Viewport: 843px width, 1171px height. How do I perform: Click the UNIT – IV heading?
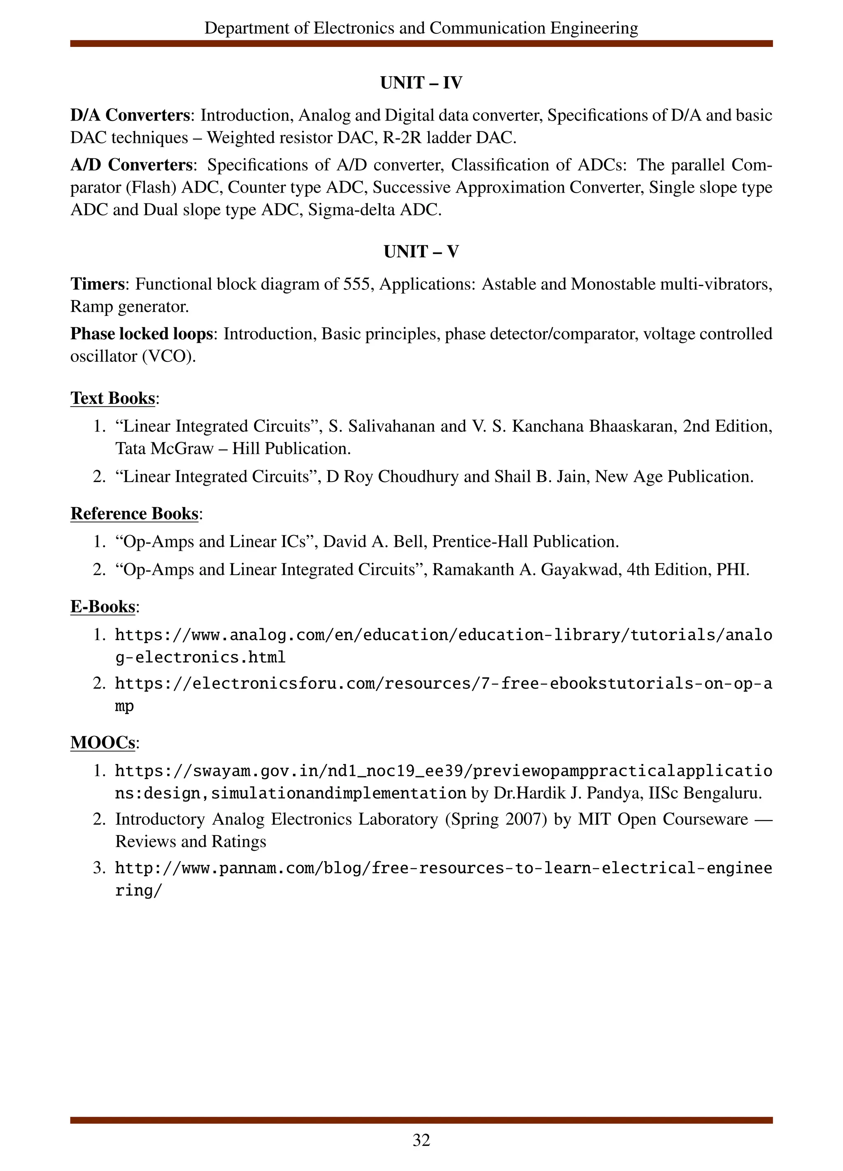point(421,83)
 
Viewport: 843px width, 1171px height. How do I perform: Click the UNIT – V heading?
point(421,252)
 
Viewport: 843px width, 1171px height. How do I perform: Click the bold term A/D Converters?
point(132,165)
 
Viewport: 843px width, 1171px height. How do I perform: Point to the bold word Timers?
point(98,284)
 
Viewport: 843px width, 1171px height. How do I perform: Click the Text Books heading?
point(112,398)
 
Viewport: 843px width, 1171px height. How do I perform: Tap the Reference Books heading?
point(134,514)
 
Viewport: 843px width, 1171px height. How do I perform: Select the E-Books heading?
point(103,607)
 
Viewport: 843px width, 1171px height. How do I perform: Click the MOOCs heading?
point(103,743)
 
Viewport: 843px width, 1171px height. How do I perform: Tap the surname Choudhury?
point(418,476)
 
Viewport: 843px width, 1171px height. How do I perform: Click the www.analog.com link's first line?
point(443,635)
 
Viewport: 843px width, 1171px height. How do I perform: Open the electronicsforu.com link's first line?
point(443,684)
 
